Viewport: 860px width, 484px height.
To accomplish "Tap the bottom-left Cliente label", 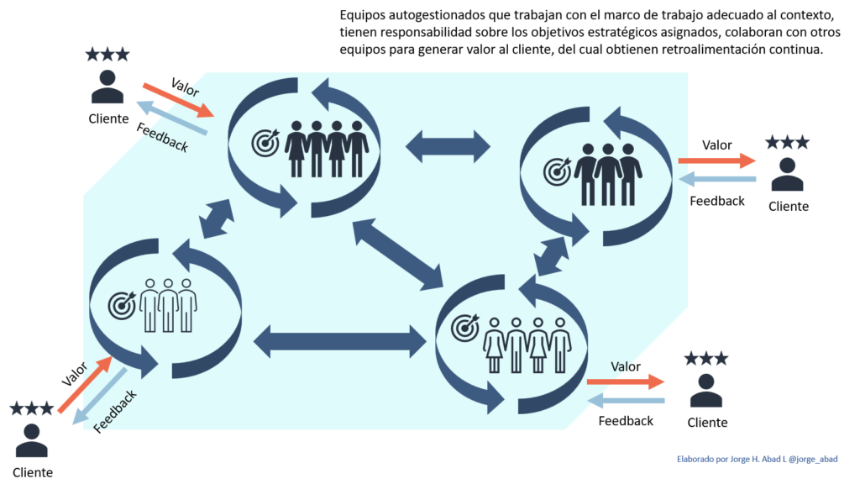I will (33, 472).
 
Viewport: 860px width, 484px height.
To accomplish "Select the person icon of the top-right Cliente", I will (788, 175).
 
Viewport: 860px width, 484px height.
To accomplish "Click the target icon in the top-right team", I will (557, 171).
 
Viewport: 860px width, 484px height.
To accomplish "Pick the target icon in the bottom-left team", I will (122, 305).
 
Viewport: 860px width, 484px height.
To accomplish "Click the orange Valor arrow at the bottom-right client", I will (626, 381).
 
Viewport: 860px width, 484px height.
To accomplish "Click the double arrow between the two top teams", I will (448, 146).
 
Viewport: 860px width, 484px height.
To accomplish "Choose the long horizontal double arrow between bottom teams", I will (339, 339).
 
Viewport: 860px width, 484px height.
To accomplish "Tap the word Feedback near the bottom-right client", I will (626, 420).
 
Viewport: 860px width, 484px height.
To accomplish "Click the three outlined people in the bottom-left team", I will (167, 304).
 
